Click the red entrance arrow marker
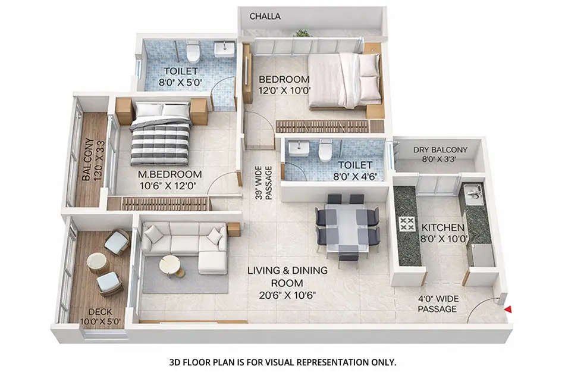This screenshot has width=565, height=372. click(x=507, y=308)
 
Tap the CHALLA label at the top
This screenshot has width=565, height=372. click(x=265, y=16)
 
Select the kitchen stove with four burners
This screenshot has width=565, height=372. click(x=407, y=225)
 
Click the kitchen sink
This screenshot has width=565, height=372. click(x=473, y=192)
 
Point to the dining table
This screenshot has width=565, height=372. click(x=347, y=226)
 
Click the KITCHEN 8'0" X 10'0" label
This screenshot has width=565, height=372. click(x=442, y=233)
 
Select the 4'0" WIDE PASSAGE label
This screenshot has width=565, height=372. click(x=437, y=304)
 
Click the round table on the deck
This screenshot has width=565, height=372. click(x=97, y=262)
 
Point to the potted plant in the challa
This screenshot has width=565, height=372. click(x=302, y=33)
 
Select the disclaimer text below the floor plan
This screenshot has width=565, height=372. click(x=282, y=361)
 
